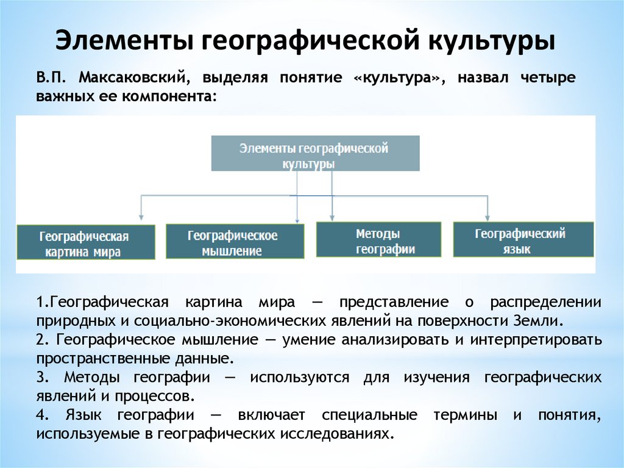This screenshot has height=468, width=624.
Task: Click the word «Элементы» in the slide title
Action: pyautogui.click(x=122, y=43)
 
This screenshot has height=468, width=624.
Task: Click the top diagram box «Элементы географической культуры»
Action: pyautogui.click(x=314, y=153)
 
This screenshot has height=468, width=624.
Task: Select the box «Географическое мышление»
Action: pyautogui.click(x=234, y=241)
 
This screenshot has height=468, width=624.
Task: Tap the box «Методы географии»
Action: pyautogui.click(x=378, y=239)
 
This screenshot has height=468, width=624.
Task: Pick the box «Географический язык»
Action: pyautogui.click(x=523, y=239)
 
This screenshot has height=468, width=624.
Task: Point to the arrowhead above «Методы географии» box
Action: pyautogui.click(x=332, y=215)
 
